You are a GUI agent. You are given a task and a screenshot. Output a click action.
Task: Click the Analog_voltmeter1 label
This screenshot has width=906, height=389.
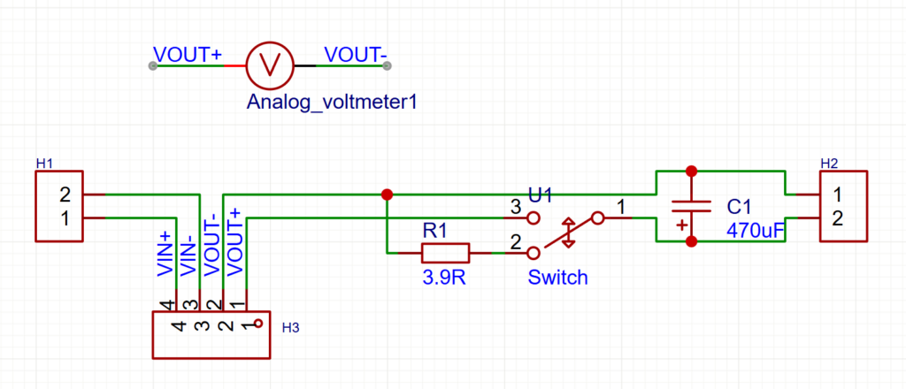(331, 103)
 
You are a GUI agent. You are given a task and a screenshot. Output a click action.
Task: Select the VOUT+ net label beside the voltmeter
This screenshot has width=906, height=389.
(188, 55)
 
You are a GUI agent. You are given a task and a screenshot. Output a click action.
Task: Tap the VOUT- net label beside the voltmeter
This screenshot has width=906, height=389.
(356, 55)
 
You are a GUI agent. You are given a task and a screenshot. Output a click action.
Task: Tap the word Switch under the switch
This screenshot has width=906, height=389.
(557, 278)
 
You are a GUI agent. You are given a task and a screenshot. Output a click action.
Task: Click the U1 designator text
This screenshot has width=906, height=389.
(541, 194)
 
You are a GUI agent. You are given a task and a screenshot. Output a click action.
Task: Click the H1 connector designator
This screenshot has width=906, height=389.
(45, 164)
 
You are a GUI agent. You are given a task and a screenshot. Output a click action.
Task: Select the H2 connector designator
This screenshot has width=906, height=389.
(829, 164)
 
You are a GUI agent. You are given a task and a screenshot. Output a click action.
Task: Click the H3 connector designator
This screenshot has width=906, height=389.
(290, 328)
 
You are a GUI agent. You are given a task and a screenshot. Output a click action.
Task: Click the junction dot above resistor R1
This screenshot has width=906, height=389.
(386, 194)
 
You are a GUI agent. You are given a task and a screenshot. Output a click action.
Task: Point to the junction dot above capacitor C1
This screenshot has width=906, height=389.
(691, 171)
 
